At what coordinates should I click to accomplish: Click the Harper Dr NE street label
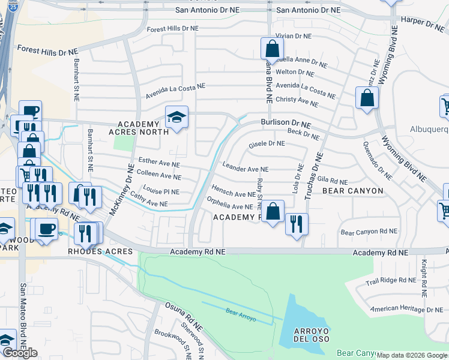tap(421, 23)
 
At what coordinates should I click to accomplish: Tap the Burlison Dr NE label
tap(286, 122)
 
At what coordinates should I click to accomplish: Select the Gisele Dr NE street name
tap(267, 144)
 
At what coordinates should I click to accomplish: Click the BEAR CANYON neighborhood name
tap(352, 191)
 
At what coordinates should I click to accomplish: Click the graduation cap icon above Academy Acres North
tap(176, 118)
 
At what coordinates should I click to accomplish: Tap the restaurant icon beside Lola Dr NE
tap(297, 224)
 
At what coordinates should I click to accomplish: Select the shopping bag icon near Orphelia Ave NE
tap(273, 211)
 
